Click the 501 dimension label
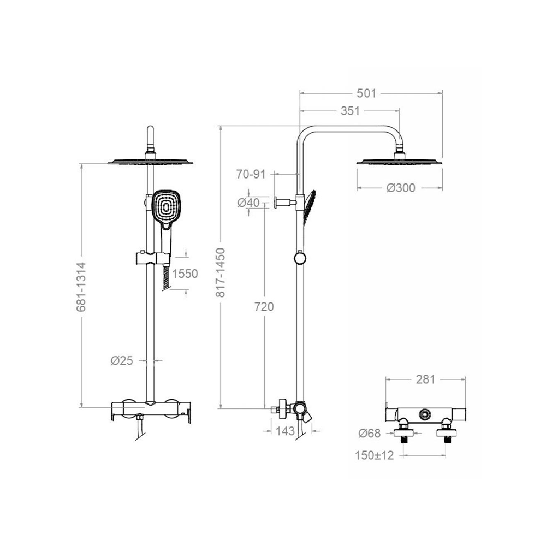click(x=366, y=93)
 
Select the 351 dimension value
click(x=350, y=111)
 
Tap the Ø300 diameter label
click(x=401, y=188)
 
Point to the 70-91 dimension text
click(x=251, y=174)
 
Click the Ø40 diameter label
click(x=248, y=203)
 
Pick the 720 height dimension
click(x=264, y=307)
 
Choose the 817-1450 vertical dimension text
click(x=221, y=272)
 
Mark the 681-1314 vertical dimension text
click(x=81, y=287)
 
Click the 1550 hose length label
click(x=185, y=274)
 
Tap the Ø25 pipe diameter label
click(x=122, y=360)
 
